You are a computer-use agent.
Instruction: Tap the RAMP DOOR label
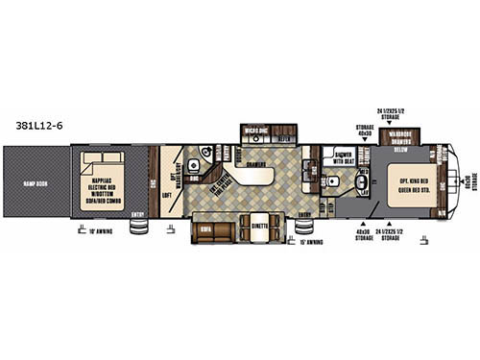point(32,188)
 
